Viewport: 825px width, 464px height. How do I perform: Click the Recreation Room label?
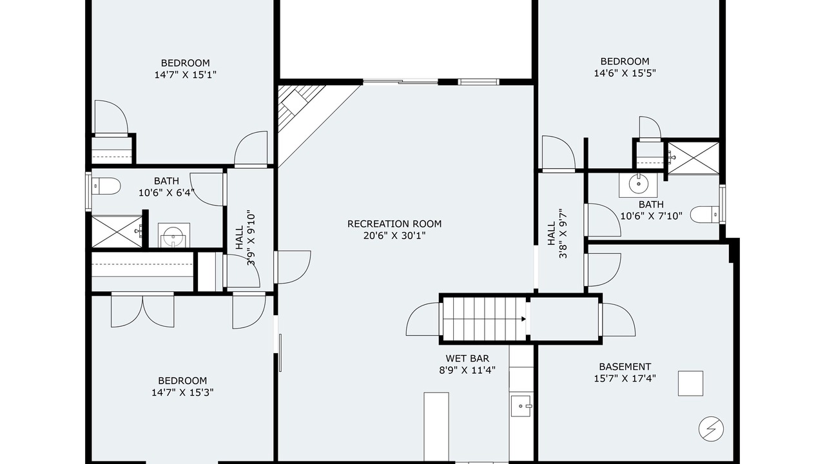coord(394,224)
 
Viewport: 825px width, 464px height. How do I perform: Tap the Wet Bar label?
coord(467,358)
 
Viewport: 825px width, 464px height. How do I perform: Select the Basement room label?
coord(625,367)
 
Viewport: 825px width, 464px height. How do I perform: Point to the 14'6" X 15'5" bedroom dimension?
coord(625,73)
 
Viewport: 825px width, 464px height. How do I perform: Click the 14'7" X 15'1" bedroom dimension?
coord(185,75)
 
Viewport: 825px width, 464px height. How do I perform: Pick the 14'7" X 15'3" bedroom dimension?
coord(182,392)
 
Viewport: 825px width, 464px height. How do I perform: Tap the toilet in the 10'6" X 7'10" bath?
coord(705,215)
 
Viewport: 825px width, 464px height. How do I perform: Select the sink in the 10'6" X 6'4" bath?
coord(174,236)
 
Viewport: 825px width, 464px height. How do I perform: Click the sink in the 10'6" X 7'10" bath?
coord(638,184)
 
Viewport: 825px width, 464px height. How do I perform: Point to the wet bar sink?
coord(521,406)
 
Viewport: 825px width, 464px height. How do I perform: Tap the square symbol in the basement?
coord(690,383)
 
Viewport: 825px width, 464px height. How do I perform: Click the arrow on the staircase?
coord(523,319)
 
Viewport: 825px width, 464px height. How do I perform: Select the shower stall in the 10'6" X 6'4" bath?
coord(117,232)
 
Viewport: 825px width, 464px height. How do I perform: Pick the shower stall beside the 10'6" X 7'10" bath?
coord(693,158)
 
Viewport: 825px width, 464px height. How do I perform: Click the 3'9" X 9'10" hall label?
coord(246,238)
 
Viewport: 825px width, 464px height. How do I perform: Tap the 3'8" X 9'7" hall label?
coord(558,233)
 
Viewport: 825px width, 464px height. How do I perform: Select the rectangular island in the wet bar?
coord(436,427)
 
